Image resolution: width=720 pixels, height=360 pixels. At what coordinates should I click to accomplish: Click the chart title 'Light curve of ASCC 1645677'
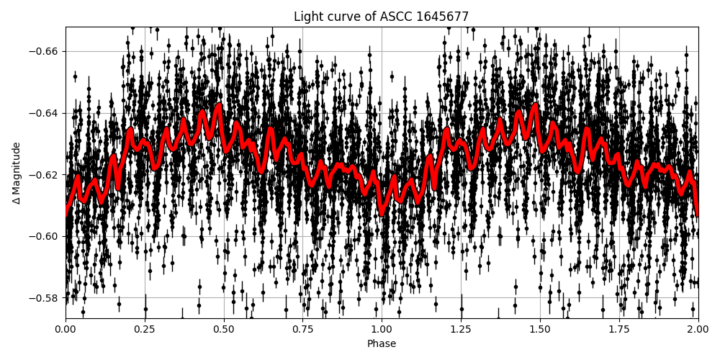381,17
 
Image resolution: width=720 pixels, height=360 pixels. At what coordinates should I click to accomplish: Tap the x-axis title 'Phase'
381,344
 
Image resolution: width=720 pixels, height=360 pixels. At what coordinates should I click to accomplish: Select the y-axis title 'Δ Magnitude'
17,173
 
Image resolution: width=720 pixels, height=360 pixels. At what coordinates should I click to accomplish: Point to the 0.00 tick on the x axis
66,329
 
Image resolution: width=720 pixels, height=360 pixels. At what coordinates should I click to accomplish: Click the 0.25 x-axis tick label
145,329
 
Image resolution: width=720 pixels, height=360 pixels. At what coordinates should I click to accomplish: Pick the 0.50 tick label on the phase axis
223,329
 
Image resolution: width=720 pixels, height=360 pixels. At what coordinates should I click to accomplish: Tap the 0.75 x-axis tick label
302,329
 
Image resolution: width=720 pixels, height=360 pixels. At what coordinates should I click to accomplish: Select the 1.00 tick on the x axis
382,329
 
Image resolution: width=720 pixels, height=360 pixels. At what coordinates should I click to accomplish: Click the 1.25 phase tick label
461,329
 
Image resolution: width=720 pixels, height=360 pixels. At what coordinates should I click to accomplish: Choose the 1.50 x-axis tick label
539,329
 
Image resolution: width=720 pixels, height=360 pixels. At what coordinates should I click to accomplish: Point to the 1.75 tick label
618,329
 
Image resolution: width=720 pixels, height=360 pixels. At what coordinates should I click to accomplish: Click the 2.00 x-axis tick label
698,329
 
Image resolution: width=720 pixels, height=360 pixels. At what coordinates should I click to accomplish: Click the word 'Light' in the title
307,17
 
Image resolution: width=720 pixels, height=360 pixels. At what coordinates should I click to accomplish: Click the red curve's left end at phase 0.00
66,213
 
